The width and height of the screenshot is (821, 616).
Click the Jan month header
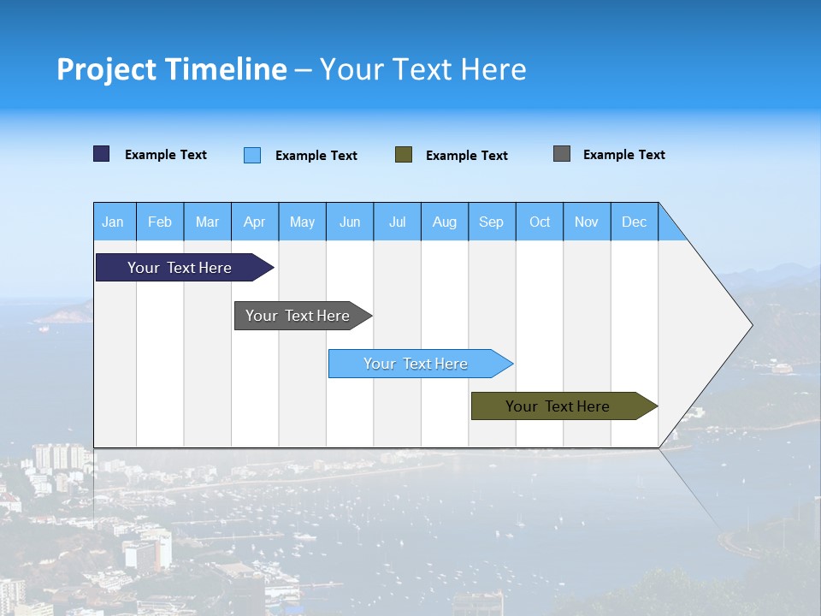[x=114, y=222]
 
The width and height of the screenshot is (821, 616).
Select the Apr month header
[x=255, y=222]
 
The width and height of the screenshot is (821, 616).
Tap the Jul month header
[x=397, y=222]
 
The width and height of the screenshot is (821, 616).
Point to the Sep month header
[x=492, y=222]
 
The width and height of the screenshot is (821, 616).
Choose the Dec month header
[x=634, y=222]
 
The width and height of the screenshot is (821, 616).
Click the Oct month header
[x=540, y=222]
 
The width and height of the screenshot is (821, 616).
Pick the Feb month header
[x=160, y=222]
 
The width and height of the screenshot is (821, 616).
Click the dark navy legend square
[x=102, y=154]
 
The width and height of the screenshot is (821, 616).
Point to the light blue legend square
[x=252, y=155]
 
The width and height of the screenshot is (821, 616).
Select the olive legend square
[x=404, y=155]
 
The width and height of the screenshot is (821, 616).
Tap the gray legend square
[x=562, y=154]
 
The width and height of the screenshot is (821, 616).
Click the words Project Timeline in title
[x=171, y=69]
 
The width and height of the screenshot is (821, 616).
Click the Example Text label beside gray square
[x=623, y=155]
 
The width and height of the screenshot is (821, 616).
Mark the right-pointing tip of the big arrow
[x=749, y=325]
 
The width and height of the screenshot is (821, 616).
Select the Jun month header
[x=350, y=222]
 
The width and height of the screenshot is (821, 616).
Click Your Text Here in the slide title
[x=423, y=69]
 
